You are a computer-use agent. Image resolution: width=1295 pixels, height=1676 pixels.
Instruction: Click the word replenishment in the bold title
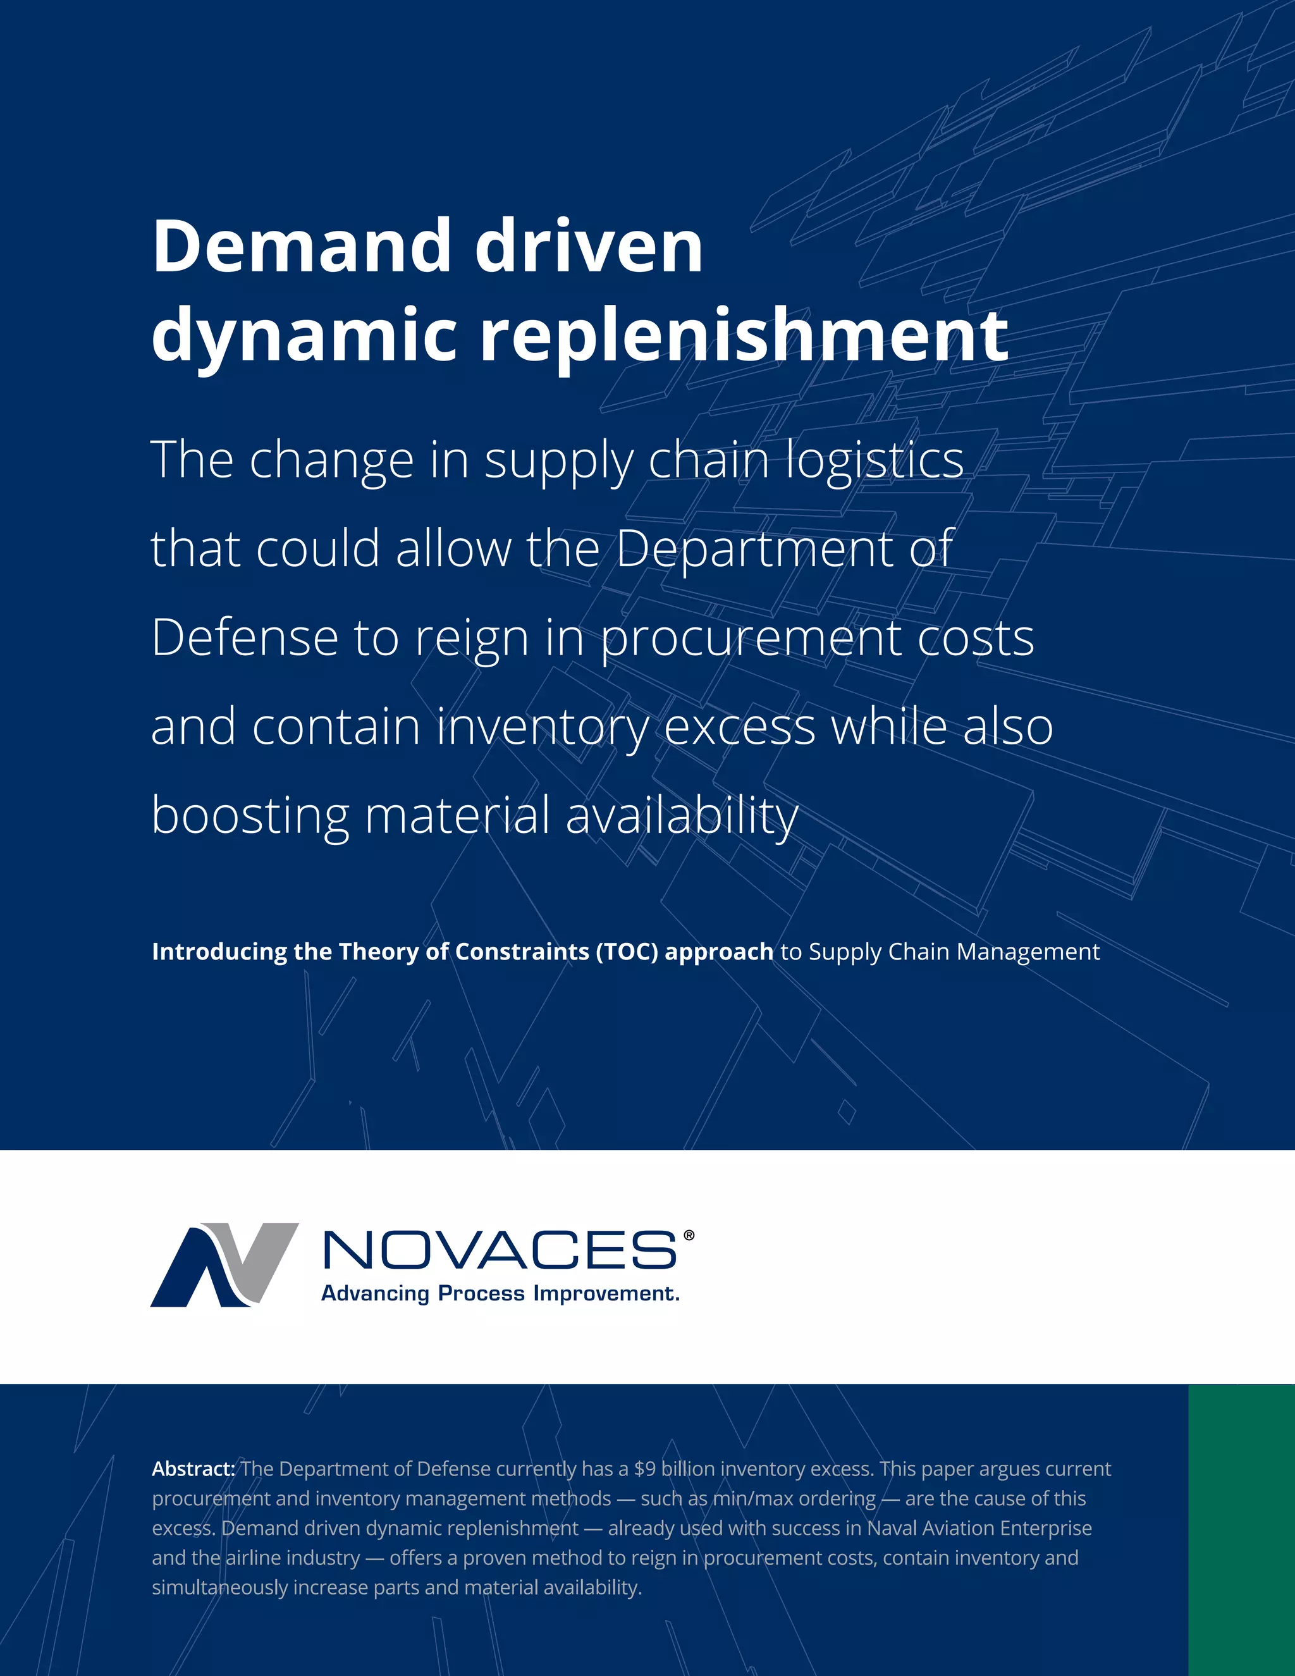pyautogui.click(x=744, y=335)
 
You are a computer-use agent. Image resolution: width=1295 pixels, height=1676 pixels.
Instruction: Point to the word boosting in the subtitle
pyautogui.click(x=249, y=815)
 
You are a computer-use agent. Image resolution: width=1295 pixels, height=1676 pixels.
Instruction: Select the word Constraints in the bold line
pyautogui.click(x=521, y=952)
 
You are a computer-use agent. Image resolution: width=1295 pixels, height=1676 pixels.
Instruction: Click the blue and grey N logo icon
pyautogui.click(x=223, y=1265)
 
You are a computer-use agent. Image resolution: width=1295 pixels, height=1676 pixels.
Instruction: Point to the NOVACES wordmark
pyautogui.click(x=500, y=1250)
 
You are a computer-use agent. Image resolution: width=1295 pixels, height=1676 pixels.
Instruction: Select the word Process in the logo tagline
pyautogui.click(x=481, y=1294)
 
